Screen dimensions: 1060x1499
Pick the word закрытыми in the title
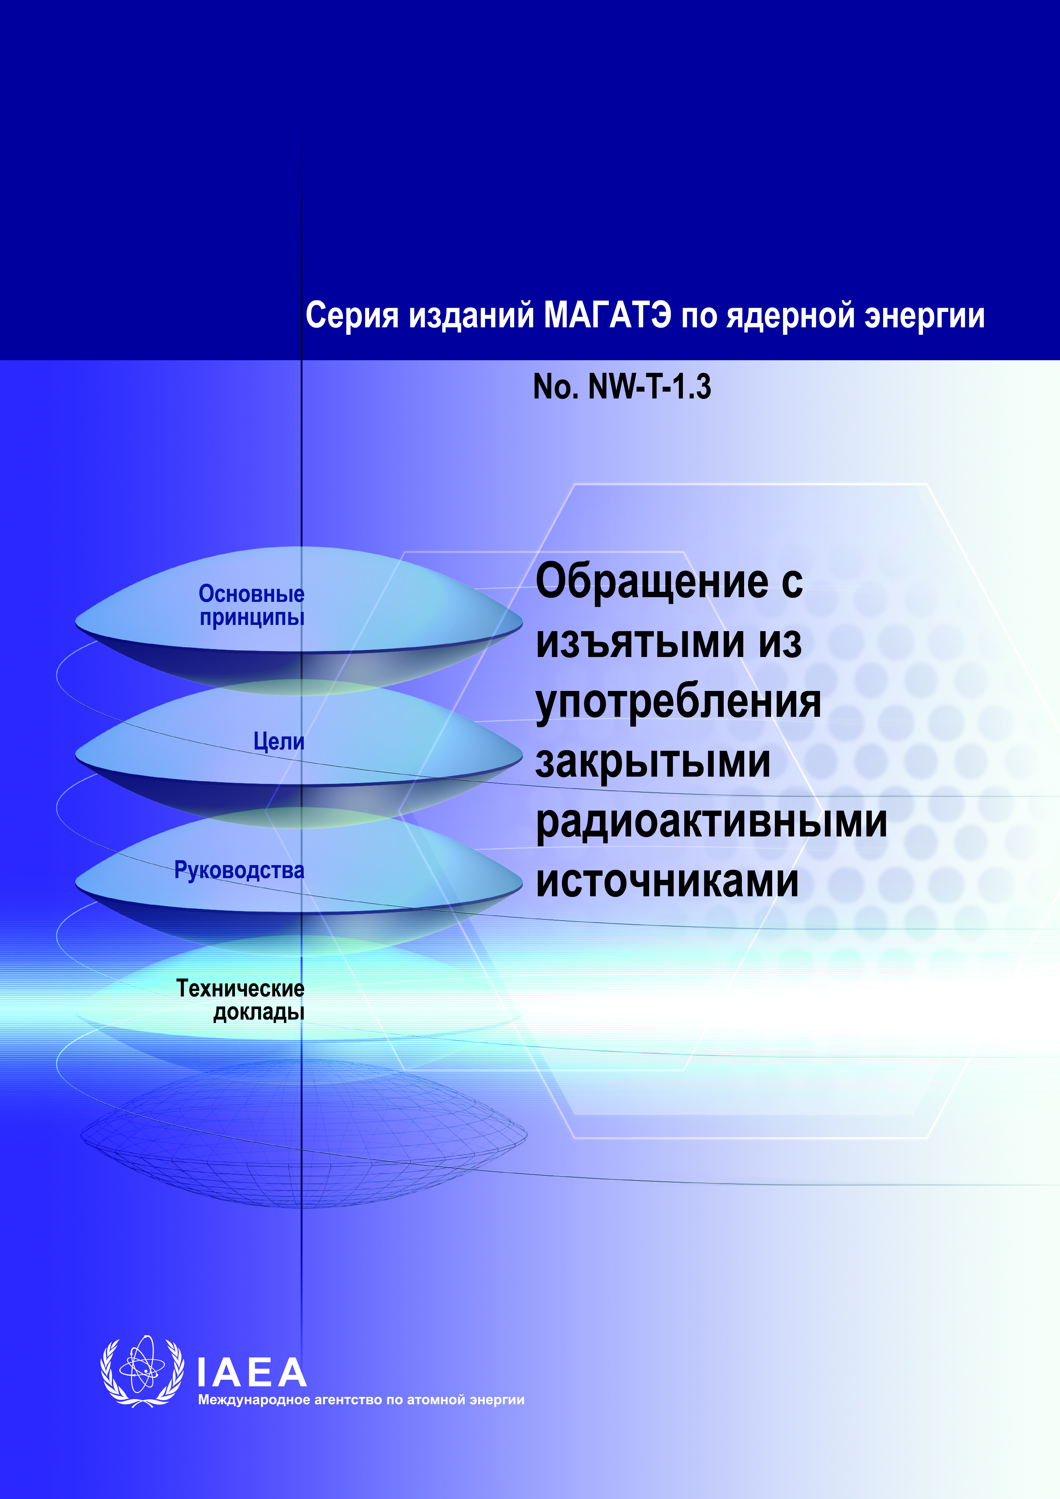tap(653, 762)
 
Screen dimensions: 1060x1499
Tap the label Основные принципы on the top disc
tap(251, 605)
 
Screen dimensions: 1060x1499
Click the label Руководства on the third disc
tap(239, 870)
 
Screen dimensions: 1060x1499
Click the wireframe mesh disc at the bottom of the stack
tap(304, 1136)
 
